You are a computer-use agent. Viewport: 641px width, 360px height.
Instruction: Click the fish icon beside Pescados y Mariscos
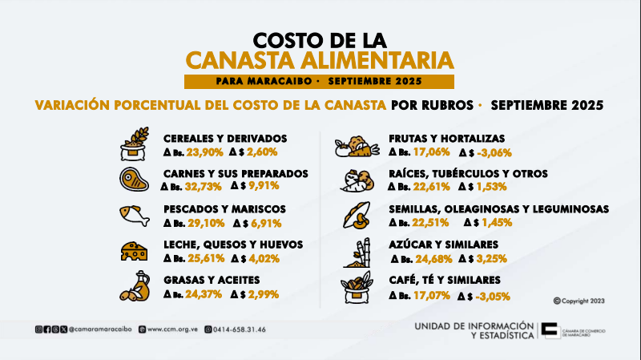click(134, 214)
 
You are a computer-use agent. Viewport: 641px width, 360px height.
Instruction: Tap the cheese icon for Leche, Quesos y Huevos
click(134, 250)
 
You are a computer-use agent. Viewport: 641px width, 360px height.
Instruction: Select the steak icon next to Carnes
click(134, 178)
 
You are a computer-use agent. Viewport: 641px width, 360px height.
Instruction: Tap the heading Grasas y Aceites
click(208, 280)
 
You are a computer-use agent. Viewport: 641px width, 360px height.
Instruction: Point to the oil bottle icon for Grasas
click(134, 285)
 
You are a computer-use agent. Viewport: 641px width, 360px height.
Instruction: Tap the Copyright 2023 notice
click(579, 300)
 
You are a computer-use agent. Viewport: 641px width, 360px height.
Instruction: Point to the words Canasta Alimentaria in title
click(320, 60)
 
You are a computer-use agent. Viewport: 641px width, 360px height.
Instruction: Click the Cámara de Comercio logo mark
click(550, 330)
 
